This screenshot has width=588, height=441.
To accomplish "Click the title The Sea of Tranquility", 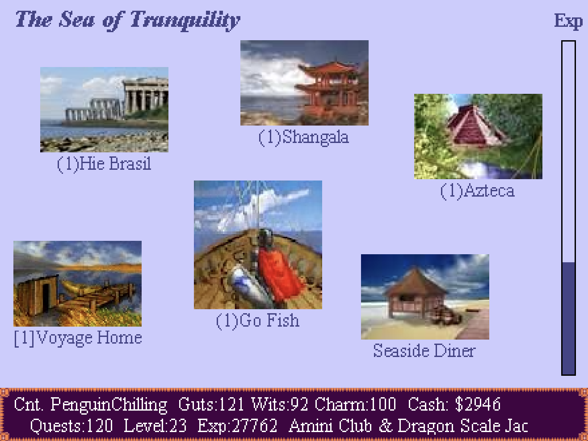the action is click(128, 21).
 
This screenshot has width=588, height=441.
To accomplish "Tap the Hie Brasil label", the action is click(104, 164).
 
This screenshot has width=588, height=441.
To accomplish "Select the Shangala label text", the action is click(304, 137).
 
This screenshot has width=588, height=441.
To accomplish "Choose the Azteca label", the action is click(478, 191).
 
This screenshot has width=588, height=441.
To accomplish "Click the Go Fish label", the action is click(258, 320).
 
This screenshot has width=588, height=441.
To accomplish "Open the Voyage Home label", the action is click(78, 338).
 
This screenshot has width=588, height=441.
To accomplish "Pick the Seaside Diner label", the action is click(424, 350).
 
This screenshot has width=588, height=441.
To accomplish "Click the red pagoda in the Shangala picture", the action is click(328, 87).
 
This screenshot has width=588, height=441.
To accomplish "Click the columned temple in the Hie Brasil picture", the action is click(146, 95).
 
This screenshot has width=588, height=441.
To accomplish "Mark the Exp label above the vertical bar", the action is click(568, 21).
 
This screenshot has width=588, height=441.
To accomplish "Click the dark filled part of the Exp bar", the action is click(568, 318).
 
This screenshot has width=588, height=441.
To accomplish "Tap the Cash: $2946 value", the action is click(454, 404).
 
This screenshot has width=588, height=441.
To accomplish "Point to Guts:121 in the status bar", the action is click(211, 404).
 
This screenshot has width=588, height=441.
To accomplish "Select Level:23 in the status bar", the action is click(155, 425).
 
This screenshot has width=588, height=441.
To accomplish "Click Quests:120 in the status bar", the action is click(71, 425).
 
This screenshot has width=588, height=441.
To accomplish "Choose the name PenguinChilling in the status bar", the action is click(109, 404).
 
